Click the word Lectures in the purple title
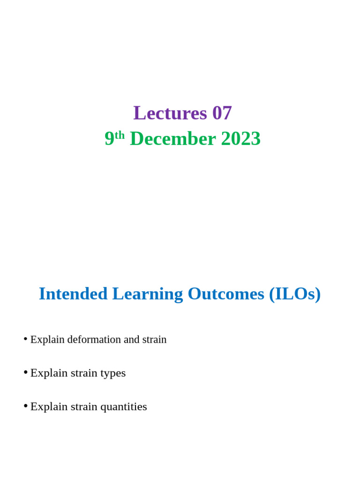click(x=170, y=112)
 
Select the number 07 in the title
click(x=222, y=112)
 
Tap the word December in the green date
click(x=173, y=138)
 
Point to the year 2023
click(x=240, y=138)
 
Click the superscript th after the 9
click(x=120, y=135)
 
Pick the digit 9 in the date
click(x=109, y=138)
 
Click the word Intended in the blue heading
click(x=73, y=293)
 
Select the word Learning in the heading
click(x=148, y=294)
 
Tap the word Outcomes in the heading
click(x=226, y=293)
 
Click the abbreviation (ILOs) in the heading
click(x=295, y=294)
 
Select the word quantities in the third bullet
click(x=124, y=407)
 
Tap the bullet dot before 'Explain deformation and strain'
click(x=25, y=339)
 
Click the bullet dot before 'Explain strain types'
click(x=25, y=372)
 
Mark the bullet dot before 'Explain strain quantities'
click(x=25, y=406)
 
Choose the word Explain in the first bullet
click(x=47, y=340)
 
